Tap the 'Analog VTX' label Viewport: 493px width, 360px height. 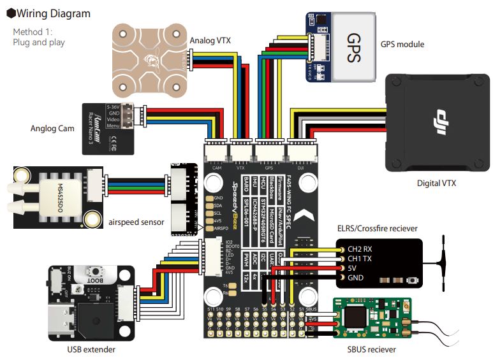pyautogui.click(x=210, y=41)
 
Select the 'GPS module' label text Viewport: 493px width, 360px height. pyautogui.click(x=402, y=45)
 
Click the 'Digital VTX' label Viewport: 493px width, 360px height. pyautogui.click(x=437, y=184)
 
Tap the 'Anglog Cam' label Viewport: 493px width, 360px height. pyautogui.click(x=53, y=128)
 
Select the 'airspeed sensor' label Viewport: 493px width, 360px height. pyautogui.click(x=136, y=222)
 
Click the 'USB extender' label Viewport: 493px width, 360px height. pyautogui.click(x=91, y=349)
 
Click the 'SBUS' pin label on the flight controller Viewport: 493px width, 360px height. pyautogui.click(x=311, y=310)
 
